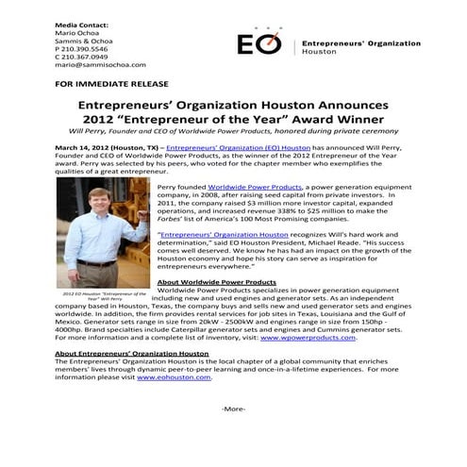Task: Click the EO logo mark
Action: tap(259, 45)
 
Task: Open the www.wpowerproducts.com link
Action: tap(308, 337)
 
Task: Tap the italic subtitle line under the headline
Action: tap(233, 132)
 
